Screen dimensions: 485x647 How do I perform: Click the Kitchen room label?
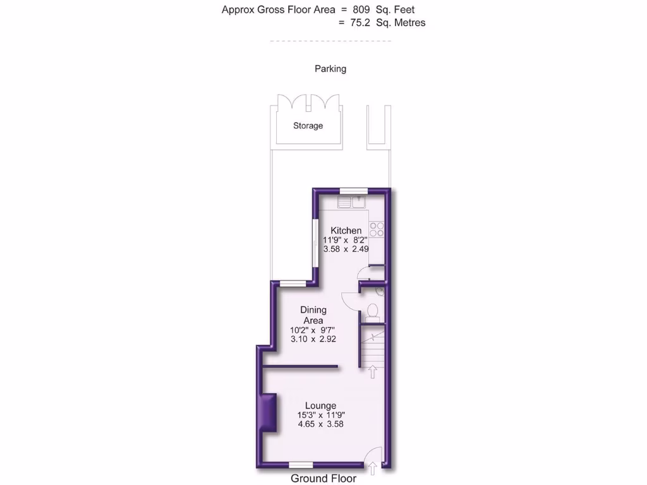pos(346,231)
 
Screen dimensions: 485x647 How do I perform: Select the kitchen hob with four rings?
pos(377,229)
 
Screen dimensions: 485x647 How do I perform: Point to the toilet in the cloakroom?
pos(373,311)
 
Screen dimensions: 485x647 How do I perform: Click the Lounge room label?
pos(320,405)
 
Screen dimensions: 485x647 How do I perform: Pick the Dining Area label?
pos(313,315)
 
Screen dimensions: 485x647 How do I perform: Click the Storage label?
pos(308,126)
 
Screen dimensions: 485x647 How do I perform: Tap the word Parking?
pos(330,69)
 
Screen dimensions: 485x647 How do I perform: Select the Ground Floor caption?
pos(323,479)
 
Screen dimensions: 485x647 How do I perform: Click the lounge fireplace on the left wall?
pos(268,413)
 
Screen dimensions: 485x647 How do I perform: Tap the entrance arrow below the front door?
pos(372,468)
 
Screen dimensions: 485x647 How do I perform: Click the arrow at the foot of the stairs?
pos(373,372)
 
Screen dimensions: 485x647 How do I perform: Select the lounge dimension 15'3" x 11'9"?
pos(321,415)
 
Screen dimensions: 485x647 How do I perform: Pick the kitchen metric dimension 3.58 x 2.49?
pos(346,249)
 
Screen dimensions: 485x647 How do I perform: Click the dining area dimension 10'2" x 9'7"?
pos(313,330)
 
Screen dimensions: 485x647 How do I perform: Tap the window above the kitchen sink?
pos(349,190)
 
